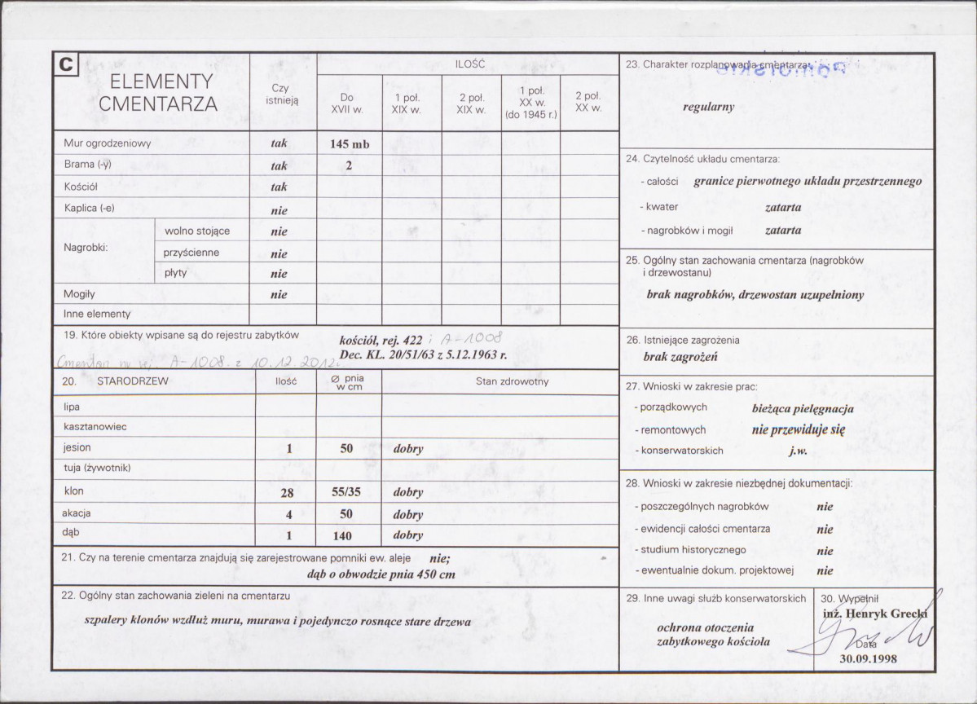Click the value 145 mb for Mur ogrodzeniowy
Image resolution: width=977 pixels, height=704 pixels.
(x=350, y=144)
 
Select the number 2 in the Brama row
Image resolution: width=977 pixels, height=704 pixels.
(x=348, y=165)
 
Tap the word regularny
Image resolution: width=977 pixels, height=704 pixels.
(x=708, y=107)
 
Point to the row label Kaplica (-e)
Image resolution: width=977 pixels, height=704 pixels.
(x=89, y=208)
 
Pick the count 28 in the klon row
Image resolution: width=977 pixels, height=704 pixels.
(x=286, y=493)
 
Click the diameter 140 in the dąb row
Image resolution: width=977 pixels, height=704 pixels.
(x=343, y=535)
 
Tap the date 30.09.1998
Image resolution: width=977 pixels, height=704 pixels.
(x=868, y=659)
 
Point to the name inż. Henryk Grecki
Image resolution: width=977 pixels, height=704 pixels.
(x=874, y=614)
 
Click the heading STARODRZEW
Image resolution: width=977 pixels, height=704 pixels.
(x=132, y=381)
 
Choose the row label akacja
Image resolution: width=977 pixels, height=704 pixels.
(x=76, y=513)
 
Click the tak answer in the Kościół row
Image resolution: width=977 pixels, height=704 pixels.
(x=279, y=187)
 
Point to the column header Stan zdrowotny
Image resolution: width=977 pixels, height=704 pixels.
(x=512, y=381)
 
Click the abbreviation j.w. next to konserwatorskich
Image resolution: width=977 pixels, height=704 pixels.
(x=799, y=451)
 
